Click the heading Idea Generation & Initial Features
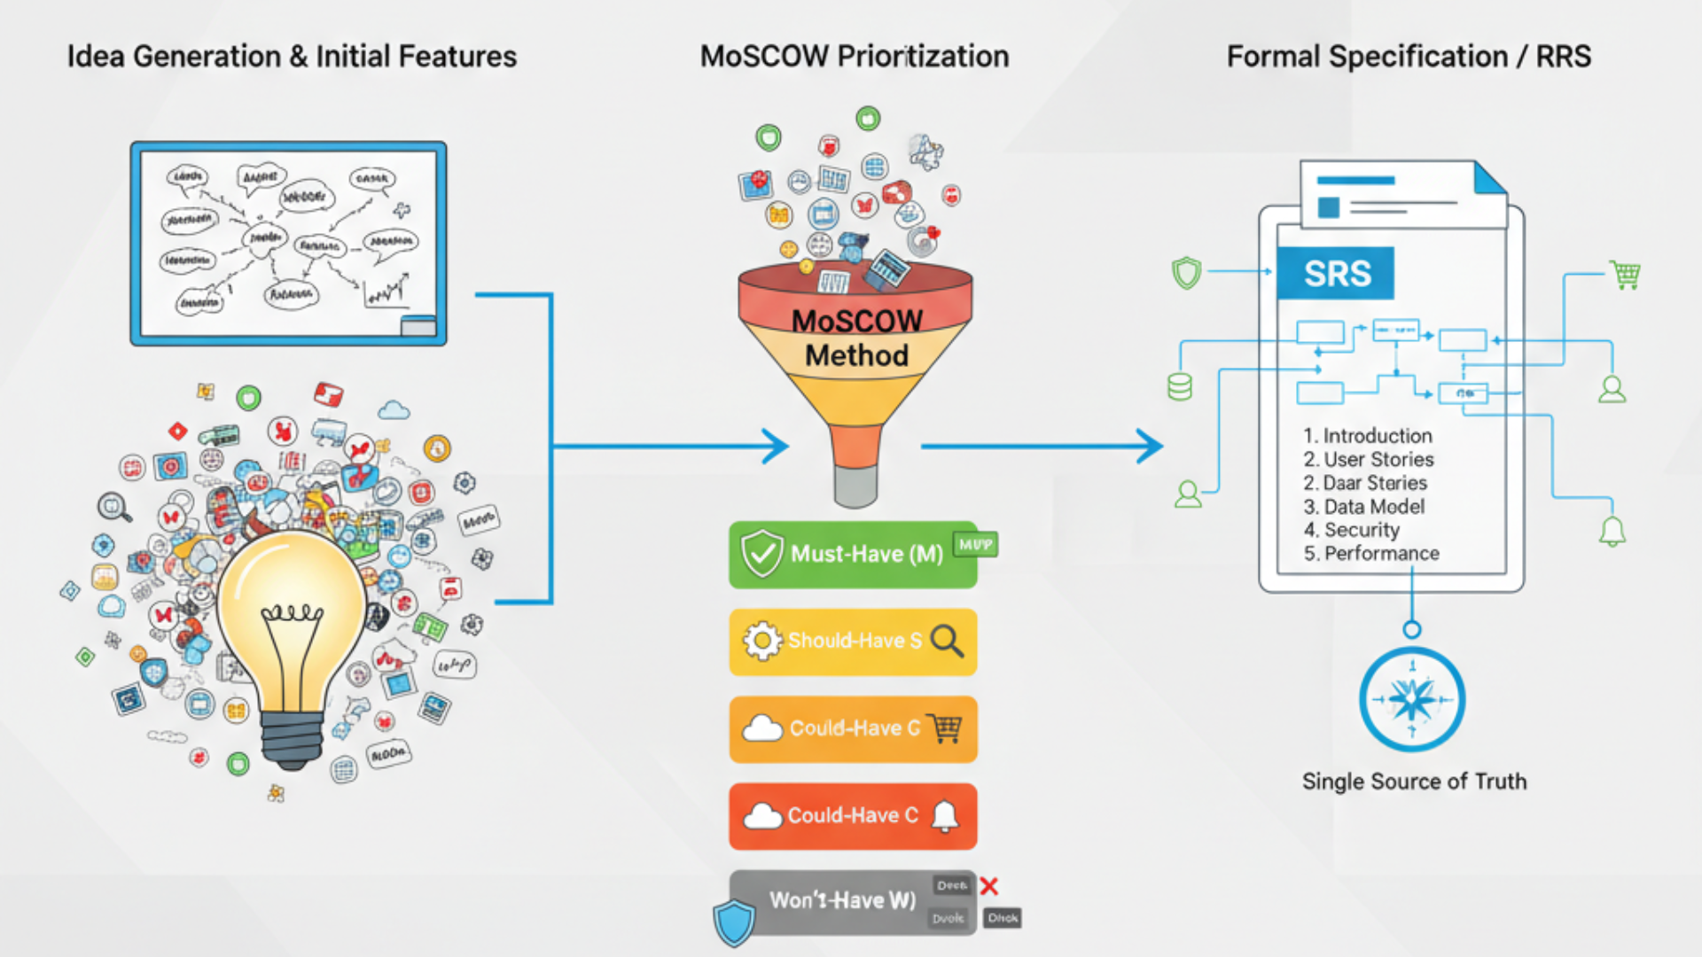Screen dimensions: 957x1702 pyautogui.click(x=292, y=57)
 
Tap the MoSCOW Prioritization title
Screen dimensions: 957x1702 pyautogui.click(x=854, y=57)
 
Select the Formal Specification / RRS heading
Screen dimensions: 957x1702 pyautogui.click(x=1409, y=57)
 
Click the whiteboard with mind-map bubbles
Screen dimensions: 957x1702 pyautogui.click(x=288, y=243)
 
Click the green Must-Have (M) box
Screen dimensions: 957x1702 pyautogui.click(x=853, y=555)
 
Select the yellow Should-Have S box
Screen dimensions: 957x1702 pyautogui.click(x=853, y=642)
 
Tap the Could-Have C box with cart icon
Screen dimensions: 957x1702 pyautogui.click(x=853, y=728)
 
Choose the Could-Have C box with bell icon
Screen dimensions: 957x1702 pyautogui.click(x=853, y=816)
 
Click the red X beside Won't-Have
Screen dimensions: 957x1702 pyautogui.click(x=989, y=886)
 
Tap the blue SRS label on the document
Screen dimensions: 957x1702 pyautogui.click(x=1336, y=273)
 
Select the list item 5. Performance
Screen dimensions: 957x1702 pyautogui.click(x=1370, y=554)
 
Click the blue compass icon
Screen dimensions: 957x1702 pyautogui.click(x=1412, y=700)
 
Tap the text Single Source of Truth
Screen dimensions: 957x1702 pyautogui.click(x=1414, y=782)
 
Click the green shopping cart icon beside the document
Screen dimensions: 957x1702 pyautogui.click(x=1625, y=275)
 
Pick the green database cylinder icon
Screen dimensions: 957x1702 pyautogui.click(x=1180, y=387)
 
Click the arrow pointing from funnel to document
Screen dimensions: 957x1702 pyautogui.click(x=1042, y=447)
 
